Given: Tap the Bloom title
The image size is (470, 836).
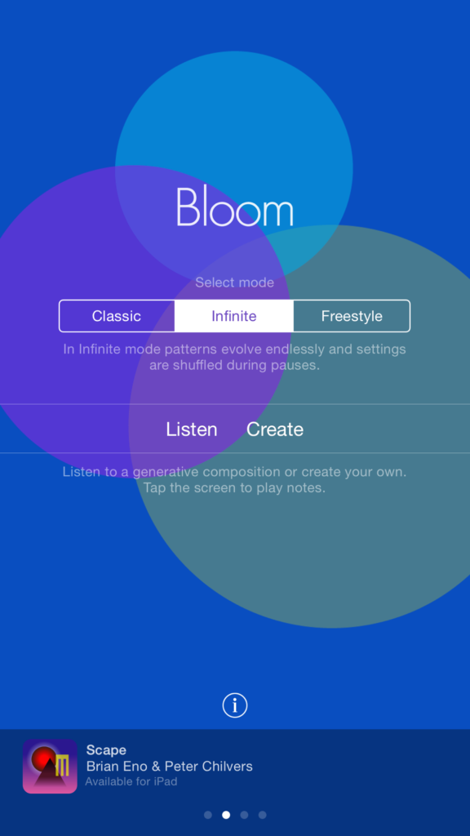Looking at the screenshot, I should click(x=235, y=207).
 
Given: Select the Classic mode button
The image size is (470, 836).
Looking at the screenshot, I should click(x=117, y=316).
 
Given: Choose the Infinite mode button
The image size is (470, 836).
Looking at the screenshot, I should click(x=234, y=316).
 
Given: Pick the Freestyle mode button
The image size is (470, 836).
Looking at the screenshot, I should click(x=352, y=316).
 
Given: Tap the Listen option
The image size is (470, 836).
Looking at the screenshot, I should click(x=192, y=429).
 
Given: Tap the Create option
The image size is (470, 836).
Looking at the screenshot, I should click(x=275, y=429).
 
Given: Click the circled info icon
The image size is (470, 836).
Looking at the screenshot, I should click(x=235, y=705).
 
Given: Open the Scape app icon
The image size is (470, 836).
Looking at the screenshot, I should click(x=50, y=767).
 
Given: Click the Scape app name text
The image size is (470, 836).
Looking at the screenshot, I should click(x=106, y=750).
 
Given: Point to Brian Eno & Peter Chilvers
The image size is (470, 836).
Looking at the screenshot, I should click(x=170, y=767).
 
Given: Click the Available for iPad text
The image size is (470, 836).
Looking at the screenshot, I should click(x=131, y=782).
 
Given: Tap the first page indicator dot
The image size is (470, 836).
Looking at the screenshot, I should click(x=208, y=815).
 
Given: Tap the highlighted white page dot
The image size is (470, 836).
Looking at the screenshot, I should click(x=226, y=815).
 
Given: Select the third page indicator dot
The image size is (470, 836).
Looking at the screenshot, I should click(x=244, y=815).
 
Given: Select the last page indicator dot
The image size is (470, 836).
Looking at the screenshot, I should click(x=262, y=815).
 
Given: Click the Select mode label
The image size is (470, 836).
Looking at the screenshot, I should click(x=235, y=283).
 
